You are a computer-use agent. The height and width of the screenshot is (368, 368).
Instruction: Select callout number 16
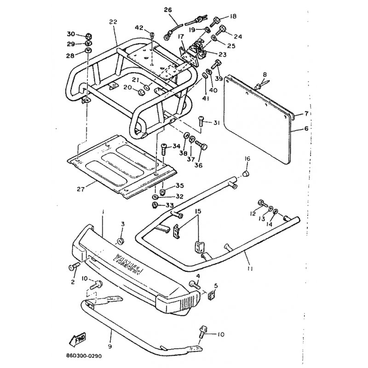[247, 159]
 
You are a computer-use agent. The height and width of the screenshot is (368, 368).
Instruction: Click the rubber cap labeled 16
[246, 174]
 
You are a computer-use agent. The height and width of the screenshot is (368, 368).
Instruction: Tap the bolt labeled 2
[74, 267]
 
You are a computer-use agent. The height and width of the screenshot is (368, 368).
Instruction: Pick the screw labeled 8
[259, 85]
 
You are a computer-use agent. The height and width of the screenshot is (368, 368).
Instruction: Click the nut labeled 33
[155, 204]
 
